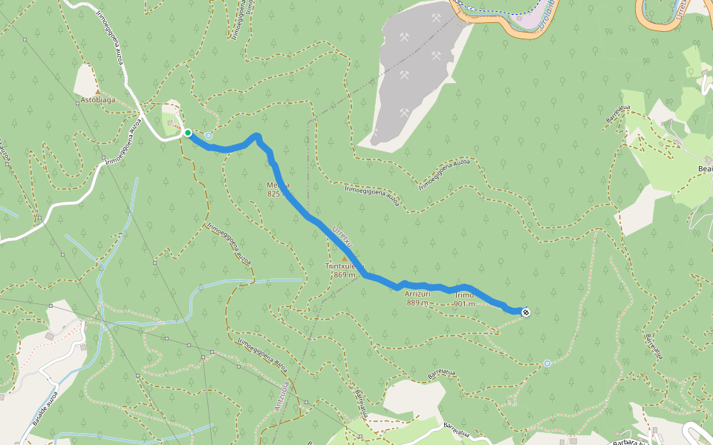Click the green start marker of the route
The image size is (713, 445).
point(188,133)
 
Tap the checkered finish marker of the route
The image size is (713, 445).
point(525,312)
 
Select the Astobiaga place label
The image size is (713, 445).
point(98,99)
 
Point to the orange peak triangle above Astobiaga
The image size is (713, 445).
point(97,91)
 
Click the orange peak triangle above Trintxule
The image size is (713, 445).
point(343,258)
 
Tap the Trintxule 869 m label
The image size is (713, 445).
point(342,270)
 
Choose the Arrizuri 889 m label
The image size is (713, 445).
point(417,298)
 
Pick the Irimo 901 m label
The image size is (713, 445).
point(464,298)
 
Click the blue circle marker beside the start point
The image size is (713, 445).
point(209,136)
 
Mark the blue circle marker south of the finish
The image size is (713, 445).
point(547,363)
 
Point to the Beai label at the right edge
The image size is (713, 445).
point(704,169)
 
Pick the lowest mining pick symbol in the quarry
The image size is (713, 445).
point(403,113)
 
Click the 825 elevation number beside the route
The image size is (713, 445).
point(273,193)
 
